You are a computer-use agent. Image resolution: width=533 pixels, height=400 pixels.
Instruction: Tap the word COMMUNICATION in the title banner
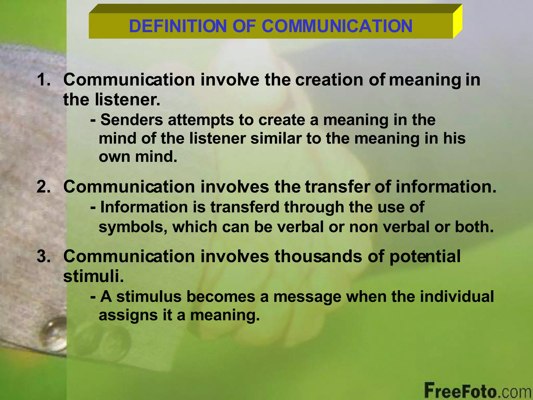click(x=337, y=26)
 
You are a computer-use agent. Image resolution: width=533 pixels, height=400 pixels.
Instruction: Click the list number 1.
click(x=43, y=79)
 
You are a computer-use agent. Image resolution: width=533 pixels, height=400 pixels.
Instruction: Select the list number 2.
click(x=43, y=187)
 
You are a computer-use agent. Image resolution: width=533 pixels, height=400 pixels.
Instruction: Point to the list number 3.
click(x=43, y=256)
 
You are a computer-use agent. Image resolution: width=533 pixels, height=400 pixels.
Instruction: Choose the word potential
click(x=425, y=257)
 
